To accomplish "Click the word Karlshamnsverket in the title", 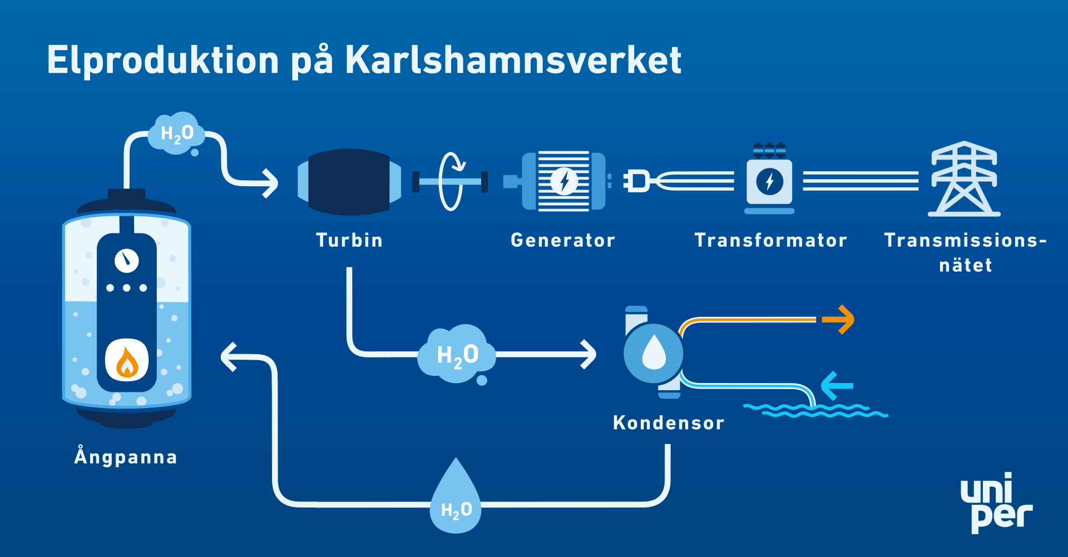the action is [x=513, y=59].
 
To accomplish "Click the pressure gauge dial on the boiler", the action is [x=127, y=261].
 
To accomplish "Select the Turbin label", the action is [x=349, y=240].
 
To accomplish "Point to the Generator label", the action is [x=563, y=240].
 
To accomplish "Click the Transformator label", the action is [x=771, y=240].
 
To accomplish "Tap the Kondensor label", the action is [x=669, y=423].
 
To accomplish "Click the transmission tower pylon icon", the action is [x=964, y=178].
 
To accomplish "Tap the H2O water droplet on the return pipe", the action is [x=456, y=496].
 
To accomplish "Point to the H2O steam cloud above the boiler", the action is [x=177, y=134].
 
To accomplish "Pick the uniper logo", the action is [x=996, y=503].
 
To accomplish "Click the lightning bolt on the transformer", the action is [x=770, y=181].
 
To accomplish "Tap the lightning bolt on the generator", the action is [x=564, y=181].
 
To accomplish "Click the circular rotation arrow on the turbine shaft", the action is [x=451, y=181].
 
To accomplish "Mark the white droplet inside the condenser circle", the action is [x=654, y=352].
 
